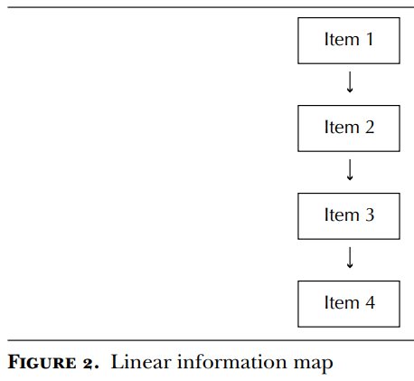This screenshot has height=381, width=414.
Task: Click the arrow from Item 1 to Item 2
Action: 350,81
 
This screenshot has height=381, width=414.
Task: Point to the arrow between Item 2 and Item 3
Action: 350,169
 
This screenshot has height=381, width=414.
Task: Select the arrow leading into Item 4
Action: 350,257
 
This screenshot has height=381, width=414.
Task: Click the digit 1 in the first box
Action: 370,39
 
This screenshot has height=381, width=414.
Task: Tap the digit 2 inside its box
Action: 370,127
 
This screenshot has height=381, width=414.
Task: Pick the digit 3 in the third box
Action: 370,214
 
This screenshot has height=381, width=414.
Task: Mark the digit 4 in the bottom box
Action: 370,302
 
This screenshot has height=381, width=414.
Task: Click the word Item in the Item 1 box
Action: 342,39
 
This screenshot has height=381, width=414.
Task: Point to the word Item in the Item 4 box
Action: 342,302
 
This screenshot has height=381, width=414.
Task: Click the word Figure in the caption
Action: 42,362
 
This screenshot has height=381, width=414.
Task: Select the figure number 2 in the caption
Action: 89,363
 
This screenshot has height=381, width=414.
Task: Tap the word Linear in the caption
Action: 141,362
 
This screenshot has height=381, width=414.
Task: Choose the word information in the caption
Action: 232,362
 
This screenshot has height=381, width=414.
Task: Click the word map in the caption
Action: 314,365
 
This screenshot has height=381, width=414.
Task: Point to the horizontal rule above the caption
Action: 211,340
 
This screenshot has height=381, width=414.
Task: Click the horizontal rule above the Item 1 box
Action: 211,7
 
